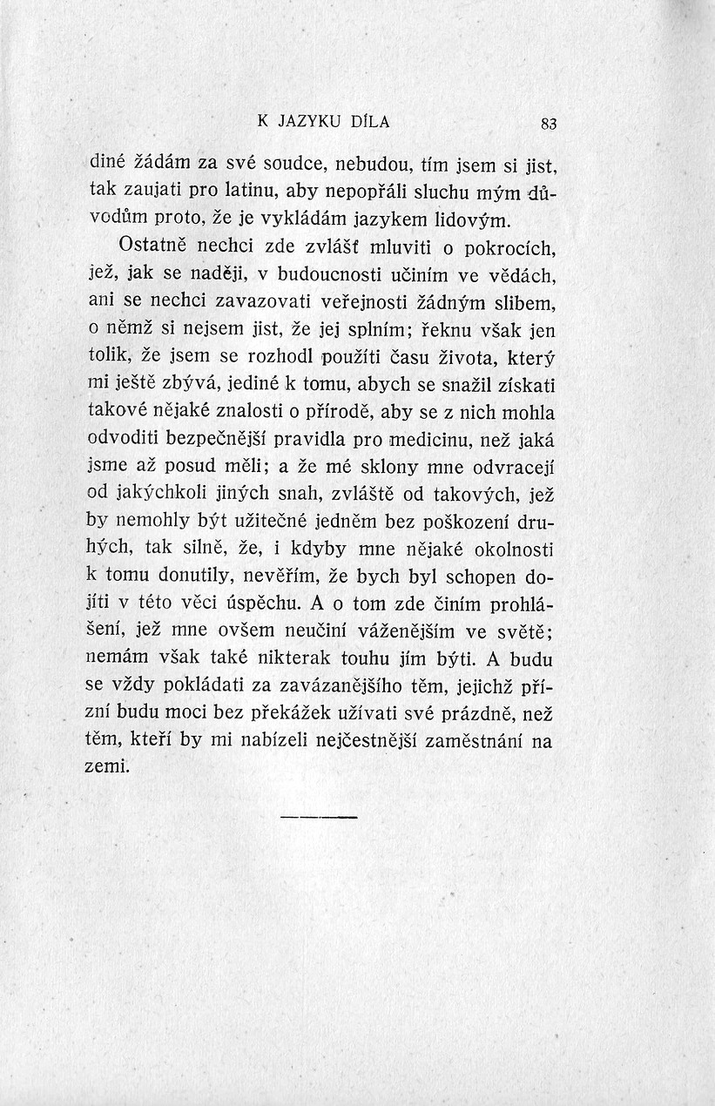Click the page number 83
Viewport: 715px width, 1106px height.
(548, 124)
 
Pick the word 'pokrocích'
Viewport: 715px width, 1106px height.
(509, 251)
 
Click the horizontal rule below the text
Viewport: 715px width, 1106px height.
(320, 818)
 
